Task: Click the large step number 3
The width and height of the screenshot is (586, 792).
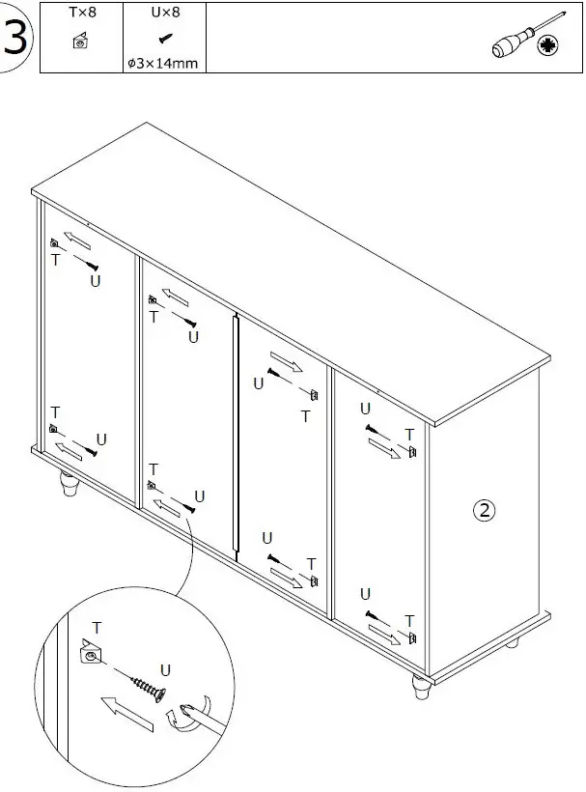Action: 16,38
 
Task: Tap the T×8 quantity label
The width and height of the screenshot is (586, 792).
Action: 82,14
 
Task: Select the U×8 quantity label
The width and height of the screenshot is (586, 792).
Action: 165,14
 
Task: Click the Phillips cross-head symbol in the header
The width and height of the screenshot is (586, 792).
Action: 550,45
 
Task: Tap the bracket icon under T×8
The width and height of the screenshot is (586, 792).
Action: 81,42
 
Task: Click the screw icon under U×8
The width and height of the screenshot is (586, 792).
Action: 165,40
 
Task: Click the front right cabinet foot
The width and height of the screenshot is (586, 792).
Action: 421,689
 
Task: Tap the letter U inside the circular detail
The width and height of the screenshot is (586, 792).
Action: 165,669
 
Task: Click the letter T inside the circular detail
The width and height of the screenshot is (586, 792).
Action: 96,628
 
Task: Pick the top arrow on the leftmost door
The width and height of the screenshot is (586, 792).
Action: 77,239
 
